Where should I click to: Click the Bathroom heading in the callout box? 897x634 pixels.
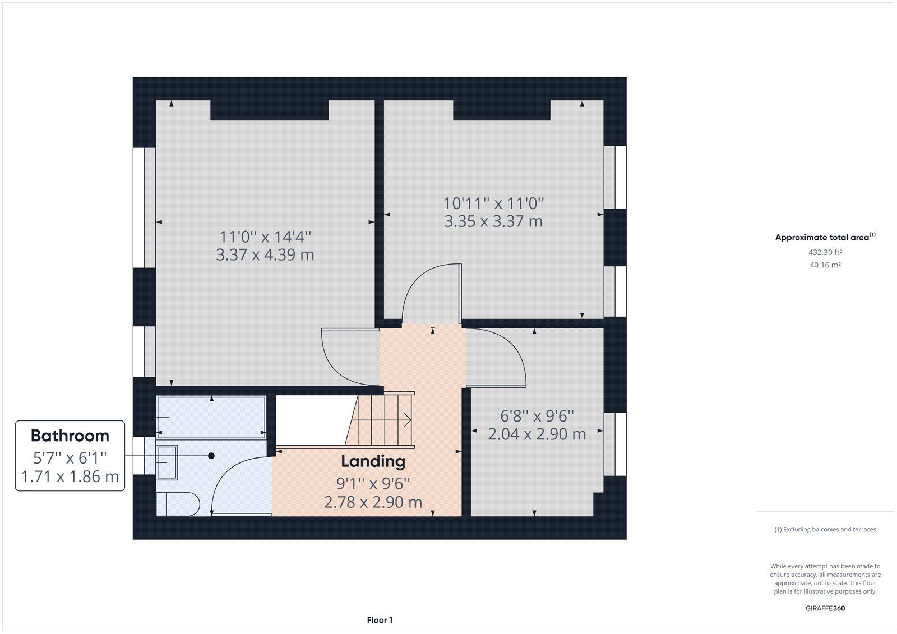pos(70,436)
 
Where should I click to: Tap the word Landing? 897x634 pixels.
pos(373,461)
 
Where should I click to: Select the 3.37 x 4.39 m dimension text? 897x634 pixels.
pos(265,254)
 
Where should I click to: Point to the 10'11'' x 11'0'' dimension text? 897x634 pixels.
pos(494,203)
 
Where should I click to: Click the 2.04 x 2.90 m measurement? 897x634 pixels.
pos(537,434)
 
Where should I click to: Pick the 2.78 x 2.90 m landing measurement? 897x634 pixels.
pos(373,502)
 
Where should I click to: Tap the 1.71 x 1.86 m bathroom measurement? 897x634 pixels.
pos(70,476)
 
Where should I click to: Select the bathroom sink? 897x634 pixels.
pos(167,462)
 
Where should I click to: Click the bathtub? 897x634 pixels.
pos(211,418)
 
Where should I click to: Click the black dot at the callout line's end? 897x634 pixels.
pos(211,456)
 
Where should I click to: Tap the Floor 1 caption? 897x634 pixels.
pos(380,620)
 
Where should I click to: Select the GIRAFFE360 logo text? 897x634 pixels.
pos(825,608)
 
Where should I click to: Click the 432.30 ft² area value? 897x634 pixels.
pos(825,252)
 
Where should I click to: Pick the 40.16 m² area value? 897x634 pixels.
pos(825,265)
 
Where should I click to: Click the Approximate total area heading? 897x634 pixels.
pos(825,237)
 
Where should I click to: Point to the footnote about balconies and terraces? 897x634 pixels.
pos(825,530)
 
